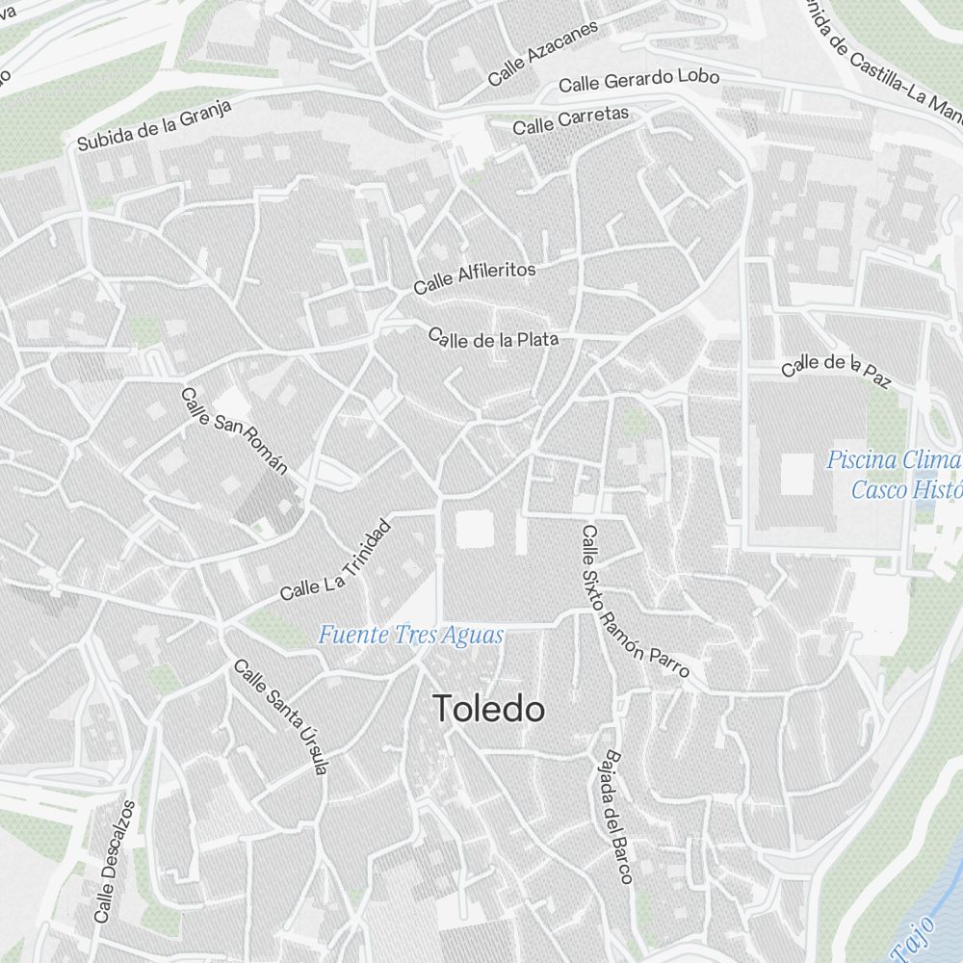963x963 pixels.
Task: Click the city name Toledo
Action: tap(489, 711)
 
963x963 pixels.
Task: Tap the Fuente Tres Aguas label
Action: tap(411, 636)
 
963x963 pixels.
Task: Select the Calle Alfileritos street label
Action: tap(474, 277)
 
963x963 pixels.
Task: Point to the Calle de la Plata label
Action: tap(493, 338)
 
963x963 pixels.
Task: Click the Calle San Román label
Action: tap(234, 430)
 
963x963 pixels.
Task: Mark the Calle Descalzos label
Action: tap(115, 861)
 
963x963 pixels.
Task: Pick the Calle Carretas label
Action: tap(570, 120)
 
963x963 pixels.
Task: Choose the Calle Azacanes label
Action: tap(542, 52)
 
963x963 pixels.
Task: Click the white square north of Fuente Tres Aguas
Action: tap(474, 529)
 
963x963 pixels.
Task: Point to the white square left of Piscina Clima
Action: tap(796, 474)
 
